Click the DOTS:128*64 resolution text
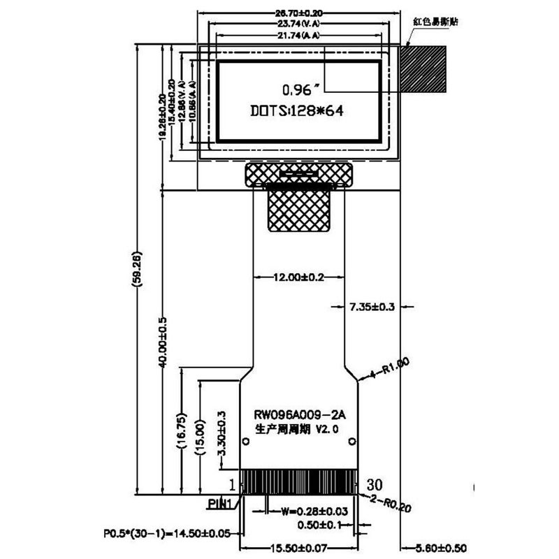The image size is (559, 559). pyautogui.click(x=298, y=111)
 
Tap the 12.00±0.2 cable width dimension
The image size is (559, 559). pyautogui.click(x=298, y=277)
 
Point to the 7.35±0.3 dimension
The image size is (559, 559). pyautogui.click(x=372, y=306)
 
